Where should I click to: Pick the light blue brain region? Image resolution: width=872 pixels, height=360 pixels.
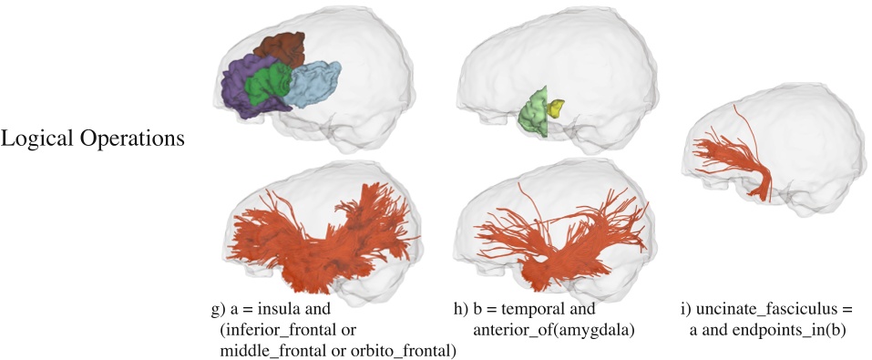pos(314,82)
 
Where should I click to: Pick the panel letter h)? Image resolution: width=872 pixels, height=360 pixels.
pos(462,308)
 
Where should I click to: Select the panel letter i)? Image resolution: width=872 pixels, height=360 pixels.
pos(686,308)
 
